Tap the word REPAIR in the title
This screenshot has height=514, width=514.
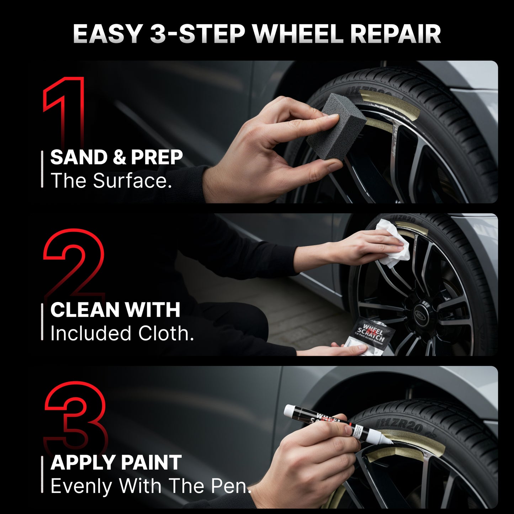tap(395, 34)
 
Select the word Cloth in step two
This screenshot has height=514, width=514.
tap(165, 333)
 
